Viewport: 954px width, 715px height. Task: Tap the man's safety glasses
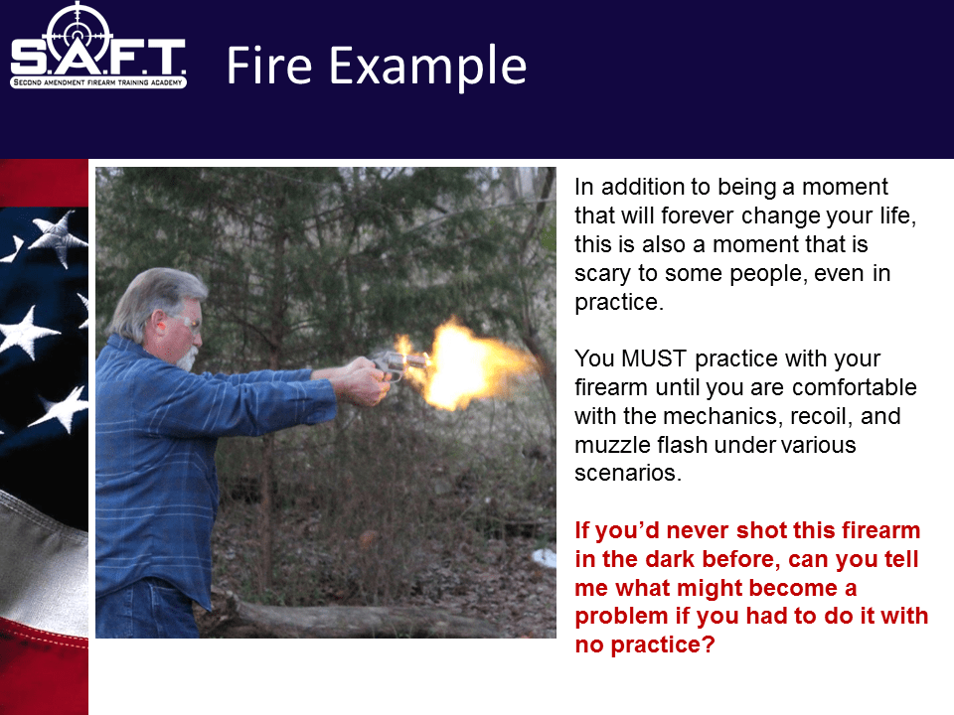tap(185, 321)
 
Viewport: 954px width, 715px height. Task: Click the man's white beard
tap(187, 356)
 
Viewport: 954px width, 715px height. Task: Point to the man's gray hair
tap(149, 298)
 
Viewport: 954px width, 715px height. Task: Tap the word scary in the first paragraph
tap(604, 273)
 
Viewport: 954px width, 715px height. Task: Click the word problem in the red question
tap(622, 618)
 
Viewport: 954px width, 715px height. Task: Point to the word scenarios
tap(628, 474)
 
